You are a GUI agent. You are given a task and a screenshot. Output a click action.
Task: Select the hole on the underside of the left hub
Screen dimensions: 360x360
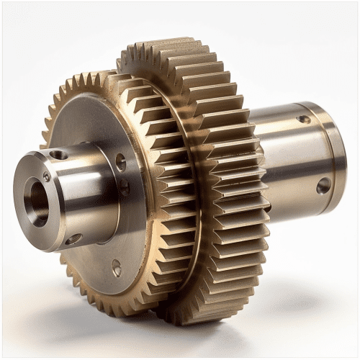pos(73,238)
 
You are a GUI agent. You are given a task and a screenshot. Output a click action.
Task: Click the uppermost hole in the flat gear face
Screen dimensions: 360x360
pos(120,162)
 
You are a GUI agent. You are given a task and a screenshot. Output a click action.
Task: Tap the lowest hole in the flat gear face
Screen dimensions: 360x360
pos(117,269)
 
